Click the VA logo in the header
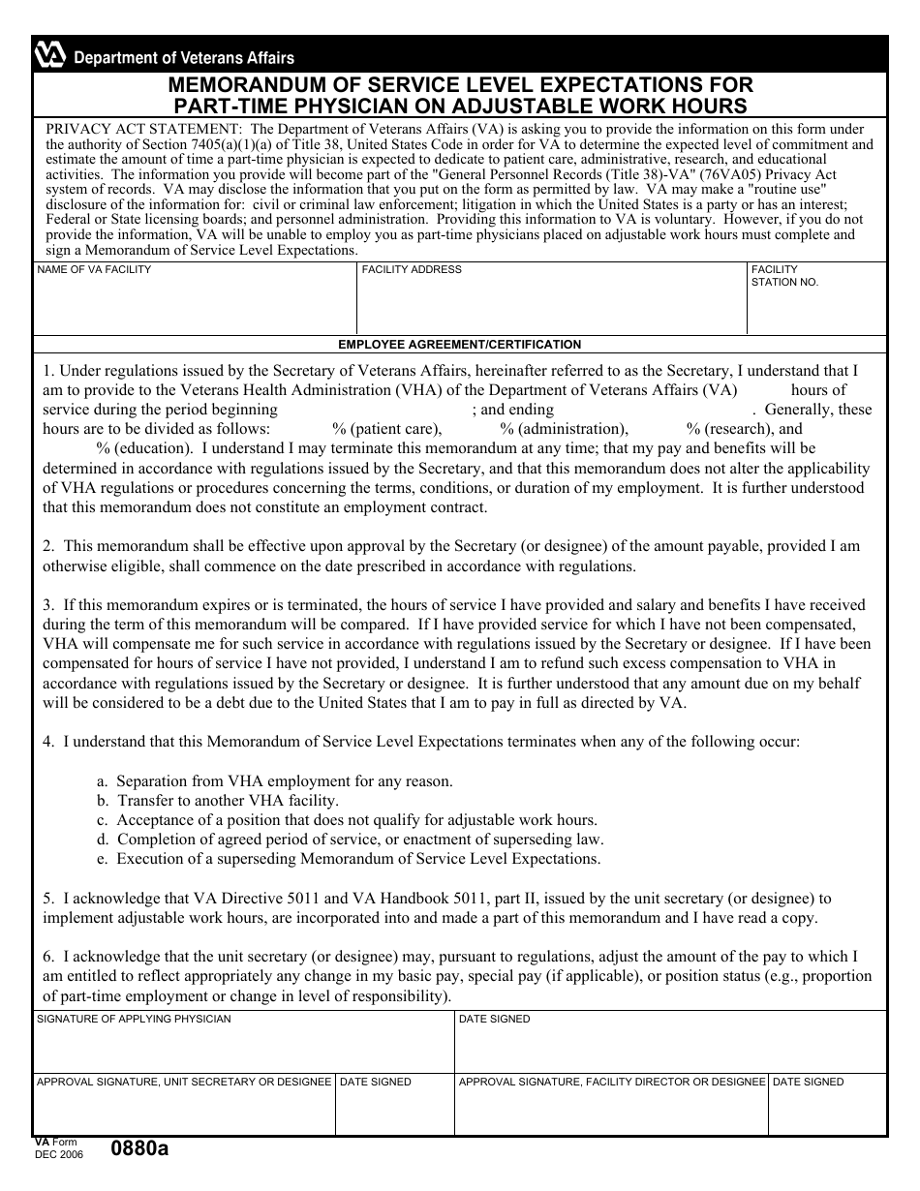(x=49, y=57)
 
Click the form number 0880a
(x=139, y=1149)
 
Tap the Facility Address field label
(x=412, y=269)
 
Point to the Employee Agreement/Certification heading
(x=459, y=344)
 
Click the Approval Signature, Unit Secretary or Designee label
(x=184, y=1082)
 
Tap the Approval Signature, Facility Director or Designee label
(x=612, y=1082)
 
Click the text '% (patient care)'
(x=387, y=429)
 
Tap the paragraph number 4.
(x=47, y=742)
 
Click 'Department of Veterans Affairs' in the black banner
(x=184, y=58)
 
